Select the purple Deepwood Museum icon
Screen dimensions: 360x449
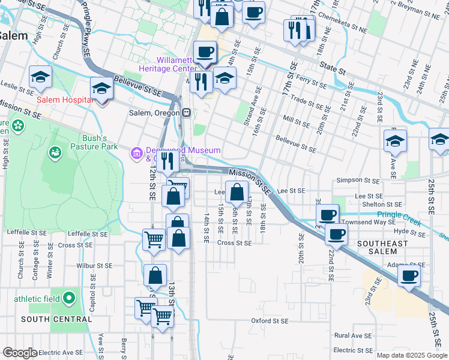point(136,154)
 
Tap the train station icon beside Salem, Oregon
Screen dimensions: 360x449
point(187,113)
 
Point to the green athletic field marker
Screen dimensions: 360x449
point(70,297)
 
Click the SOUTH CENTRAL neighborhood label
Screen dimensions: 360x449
point(57,319)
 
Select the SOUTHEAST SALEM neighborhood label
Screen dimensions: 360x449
point(382,244)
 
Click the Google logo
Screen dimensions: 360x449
point(20,353)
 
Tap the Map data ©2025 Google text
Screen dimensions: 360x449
point(412,355)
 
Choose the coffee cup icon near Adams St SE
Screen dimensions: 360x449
point(409,276)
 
